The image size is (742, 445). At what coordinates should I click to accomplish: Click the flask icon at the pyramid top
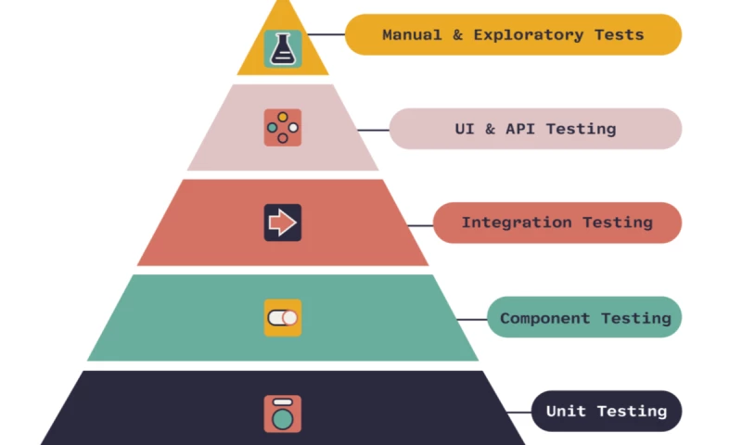(282, 48)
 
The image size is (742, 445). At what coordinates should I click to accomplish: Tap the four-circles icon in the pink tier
(282, 127)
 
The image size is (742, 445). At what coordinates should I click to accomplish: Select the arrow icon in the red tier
(282, 222)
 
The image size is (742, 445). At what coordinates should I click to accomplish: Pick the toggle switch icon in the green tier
(282, 318)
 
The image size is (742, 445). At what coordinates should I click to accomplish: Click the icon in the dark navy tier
(282, 413)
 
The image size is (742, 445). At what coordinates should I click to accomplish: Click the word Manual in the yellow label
(412, 35)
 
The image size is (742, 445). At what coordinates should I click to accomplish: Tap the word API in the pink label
(521, 129)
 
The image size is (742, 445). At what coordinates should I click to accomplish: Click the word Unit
(566, 411)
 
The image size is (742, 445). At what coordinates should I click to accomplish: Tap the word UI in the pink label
(465, 129)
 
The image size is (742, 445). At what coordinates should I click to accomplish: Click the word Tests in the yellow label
(620, 35)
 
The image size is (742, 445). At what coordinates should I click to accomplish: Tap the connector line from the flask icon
(324, 35)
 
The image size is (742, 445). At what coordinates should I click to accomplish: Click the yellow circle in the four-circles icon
(283, 117)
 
